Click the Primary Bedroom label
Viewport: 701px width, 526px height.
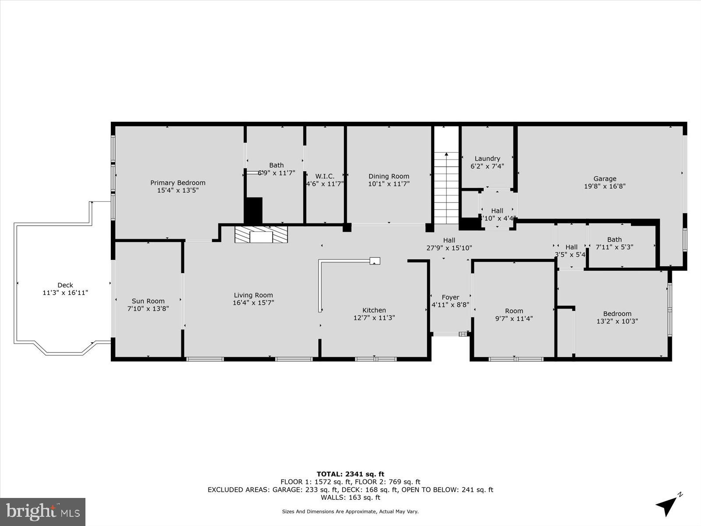click(x=177, y=183)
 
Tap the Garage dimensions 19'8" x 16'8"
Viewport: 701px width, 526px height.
click(x=605, y=186)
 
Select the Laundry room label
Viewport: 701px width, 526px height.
click(x=487, y=159)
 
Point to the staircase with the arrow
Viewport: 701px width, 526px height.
click(x=446, y=188)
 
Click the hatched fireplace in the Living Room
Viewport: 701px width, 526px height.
click(x=261, y=235)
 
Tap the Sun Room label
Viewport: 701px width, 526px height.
click(x=148, y=301)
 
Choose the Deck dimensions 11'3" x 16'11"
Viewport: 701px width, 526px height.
click(x=65, y=293)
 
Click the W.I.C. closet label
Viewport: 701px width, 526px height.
click(x=325, y=176)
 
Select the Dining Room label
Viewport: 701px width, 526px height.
click(x=389, y=176)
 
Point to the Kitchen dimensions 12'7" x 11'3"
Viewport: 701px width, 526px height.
click(x=374, y=318)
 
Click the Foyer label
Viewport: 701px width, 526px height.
click(x=450, y=297)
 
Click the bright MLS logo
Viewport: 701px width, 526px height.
click(x=42, y=512)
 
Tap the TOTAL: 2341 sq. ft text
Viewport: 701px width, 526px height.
click(x=350, y=474)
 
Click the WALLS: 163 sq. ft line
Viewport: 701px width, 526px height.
click(x=350, y=498)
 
